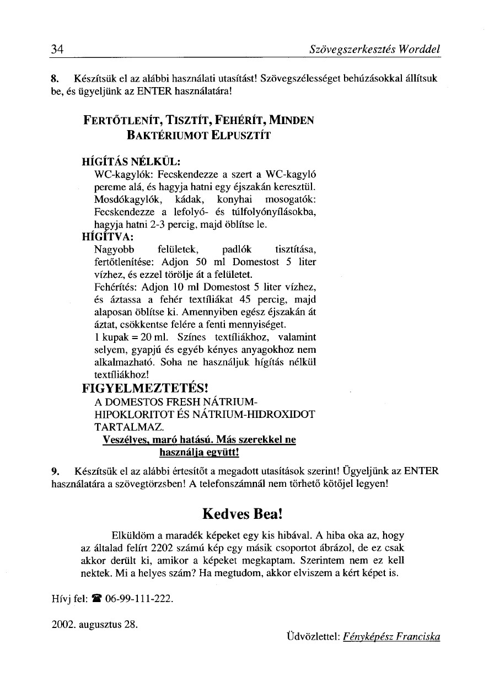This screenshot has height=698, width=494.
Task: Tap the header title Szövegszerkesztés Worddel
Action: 375,50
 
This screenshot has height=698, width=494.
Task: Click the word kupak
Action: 114,337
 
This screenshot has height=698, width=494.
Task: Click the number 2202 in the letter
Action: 165,549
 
